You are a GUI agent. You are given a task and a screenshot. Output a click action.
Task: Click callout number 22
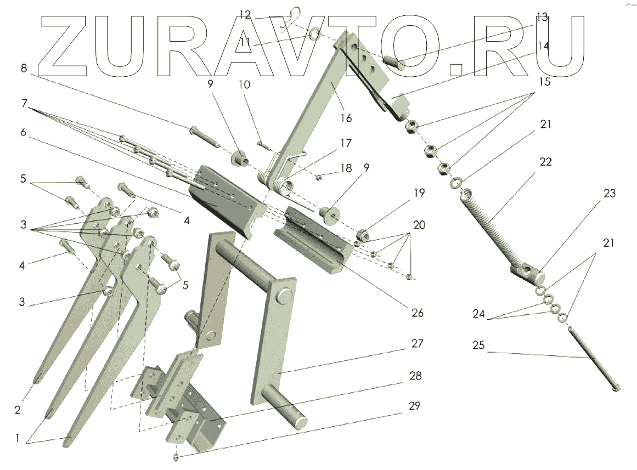pyautogui.click(x=545, y=162)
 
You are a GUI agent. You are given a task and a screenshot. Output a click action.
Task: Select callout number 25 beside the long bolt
pyautogui.click(x=478, y=347)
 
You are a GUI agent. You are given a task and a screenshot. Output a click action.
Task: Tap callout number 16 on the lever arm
pyautogui.click(x=346, y=118)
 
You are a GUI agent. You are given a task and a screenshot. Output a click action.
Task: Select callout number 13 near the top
pyautogui.click(x=542, y=17)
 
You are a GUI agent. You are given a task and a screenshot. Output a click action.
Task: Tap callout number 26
pyautogui.click(x=418, y=313)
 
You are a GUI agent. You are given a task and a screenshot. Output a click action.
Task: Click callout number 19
pyautogui.click(x=419, y=192)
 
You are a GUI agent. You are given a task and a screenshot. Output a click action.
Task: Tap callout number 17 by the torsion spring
pyautogui.click(x=345, y=144)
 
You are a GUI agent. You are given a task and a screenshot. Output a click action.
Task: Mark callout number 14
pyautogui.click(x=543, y=46)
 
